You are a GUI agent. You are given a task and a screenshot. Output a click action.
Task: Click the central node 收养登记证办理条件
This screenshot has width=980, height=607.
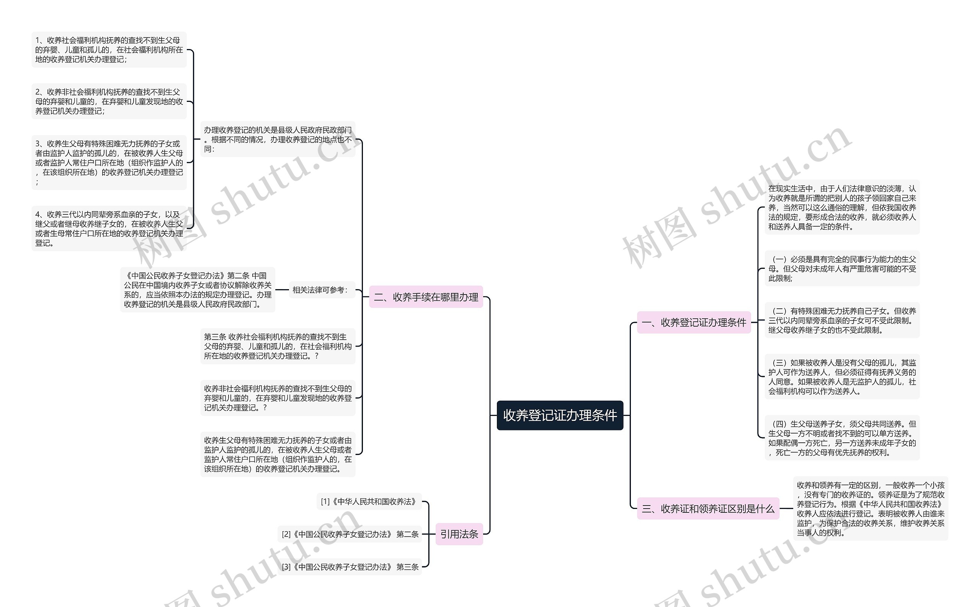click(x=560, y=415)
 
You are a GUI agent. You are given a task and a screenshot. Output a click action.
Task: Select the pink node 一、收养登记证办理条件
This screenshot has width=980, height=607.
click(x=694, y=322)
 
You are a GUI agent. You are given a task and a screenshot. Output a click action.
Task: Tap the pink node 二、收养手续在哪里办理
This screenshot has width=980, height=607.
click(x=426, y=297)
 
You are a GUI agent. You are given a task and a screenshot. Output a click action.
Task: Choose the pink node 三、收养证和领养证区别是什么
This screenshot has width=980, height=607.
click(x=708, y=509)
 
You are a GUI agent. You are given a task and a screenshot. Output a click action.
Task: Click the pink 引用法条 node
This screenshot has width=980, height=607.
click(x=459, y=534)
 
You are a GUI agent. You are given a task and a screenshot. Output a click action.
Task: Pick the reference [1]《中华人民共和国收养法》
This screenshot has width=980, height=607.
click(x=369, y=501)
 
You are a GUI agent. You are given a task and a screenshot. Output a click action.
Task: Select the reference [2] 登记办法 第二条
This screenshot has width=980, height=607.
click(x=350, y=534)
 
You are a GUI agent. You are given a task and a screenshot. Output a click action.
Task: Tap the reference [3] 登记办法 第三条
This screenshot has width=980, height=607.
click(x=350, y=567)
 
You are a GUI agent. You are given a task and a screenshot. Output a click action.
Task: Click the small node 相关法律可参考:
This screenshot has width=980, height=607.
click(x=320, y=290)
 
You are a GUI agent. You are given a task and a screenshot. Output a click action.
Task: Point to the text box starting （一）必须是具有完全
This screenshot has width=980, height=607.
click(x=842, y=268)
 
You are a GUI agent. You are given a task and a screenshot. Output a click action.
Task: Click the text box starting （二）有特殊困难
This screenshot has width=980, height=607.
click(x=842, y=321)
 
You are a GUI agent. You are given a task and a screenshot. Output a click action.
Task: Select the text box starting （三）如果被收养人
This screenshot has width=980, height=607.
click(x=842, y=376)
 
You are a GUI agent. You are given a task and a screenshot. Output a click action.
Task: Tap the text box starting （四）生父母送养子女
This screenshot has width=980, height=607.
click(x=842, y=438)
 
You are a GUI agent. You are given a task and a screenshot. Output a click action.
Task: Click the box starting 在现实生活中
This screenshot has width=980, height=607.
click(x=842, y=207)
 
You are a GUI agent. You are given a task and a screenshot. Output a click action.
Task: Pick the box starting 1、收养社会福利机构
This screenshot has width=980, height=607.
click(x=109, y=50)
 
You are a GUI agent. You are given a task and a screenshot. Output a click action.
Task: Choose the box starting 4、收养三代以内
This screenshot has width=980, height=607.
click(x=109, y=228)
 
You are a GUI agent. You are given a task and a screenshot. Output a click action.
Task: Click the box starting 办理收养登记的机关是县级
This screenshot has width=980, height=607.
click(x=278, y=139)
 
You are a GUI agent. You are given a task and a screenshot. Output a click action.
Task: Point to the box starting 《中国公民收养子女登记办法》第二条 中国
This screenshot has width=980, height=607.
click(x=198, y=290)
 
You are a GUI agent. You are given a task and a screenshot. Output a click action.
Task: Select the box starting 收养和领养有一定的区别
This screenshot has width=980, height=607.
click(x=871, y=509)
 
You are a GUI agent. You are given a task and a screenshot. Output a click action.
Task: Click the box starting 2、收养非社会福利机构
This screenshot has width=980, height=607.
click(x=109, y=101)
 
